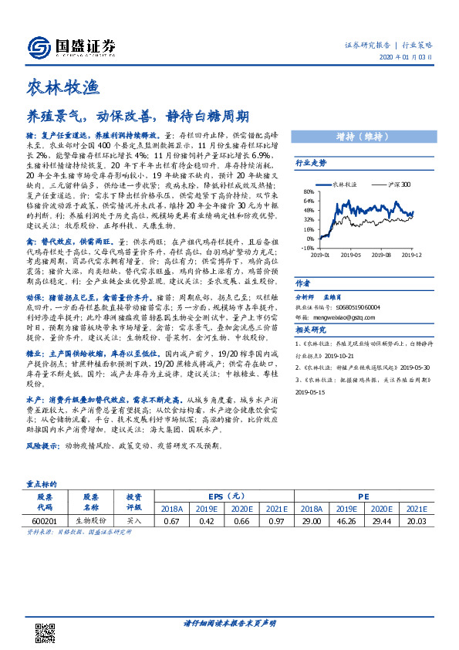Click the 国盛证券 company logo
coord(70,47)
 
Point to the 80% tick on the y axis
coord(308,191)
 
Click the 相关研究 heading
coord(311,330)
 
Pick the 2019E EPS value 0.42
coord(206,522)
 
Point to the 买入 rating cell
coord(134,522)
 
